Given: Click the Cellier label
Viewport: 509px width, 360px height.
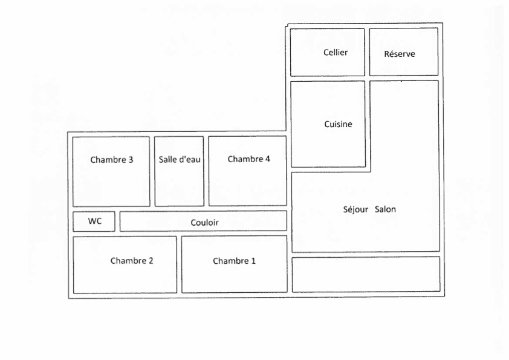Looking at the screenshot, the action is click(336, 52).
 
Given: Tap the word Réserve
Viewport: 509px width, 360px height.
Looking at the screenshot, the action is click(399, 54).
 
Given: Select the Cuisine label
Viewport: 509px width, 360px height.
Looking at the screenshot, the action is click(338, 124).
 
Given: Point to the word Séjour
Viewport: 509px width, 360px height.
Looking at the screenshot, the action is click(355, 209).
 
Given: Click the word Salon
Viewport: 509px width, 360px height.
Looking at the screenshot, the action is click(385, 209).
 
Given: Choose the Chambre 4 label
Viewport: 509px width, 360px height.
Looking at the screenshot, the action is click(248, 159).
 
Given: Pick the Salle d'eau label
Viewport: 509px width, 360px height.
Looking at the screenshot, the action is click(179, 159).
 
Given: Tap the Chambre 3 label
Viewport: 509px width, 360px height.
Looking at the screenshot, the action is click(112, 160).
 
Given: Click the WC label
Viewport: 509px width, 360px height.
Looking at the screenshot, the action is click(94, 221).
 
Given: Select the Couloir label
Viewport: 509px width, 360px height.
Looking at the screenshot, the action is click(204, 223).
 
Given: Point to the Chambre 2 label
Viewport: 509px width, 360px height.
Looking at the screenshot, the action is click(132, 261).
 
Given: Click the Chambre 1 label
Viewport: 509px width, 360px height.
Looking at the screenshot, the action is click(234, 261).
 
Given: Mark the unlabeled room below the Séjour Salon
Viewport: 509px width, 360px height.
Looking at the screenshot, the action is click(366, 274).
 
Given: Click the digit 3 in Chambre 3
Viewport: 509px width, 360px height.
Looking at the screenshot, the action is click(131, 160).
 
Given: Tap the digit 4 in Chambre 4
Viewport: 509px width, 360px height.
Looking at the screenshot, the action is click(267, 159).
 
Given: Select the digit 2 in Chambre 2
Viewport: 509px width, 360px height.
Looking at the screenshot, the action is click(151, 261).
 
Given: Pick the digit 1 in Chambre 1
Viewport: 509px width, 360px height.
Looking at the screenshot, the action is click(253, 261).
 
